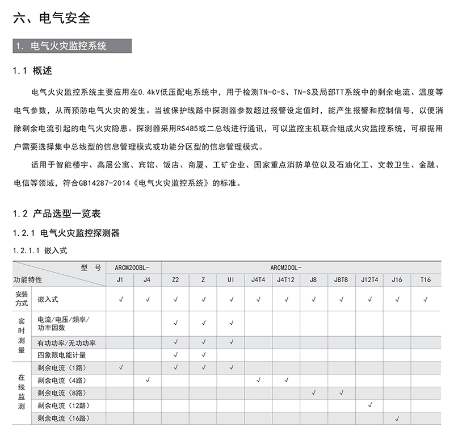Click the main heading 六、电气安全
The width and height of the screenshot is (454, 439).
pos(52,18)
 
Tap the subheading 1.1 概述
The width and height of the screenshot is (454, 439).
pos(32,71)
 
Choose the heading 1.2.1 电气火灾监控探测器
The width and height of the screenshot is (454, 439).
pos(66,233)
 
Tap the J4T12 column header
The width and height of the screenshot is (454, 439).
pos(285,279)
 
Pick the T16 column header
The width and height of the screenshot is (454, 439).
pos(426,279)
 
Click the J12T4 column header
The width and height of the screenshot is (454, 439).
pos(369,279)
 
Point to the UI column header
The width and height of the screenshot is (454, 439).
pos(230,279)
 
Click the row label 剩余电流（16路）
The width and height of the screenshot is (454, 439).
pos(65,419)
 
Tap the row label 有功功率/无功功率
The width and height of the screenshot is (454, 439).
pos(66,342)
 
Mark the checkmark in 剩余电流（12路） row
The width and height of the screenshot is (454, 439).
pos(370,405)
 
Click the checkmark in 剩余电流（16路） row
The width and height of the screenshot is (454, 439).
pos(397,419)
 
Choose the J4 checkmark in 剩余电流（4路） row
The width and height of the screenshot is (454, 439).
pos(148,379)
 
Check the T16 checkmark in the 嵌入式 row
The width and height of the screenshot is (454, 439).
pos(426,298)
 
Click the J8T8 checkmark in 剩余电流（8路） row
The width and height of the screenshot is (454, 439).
pos(342,392)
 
